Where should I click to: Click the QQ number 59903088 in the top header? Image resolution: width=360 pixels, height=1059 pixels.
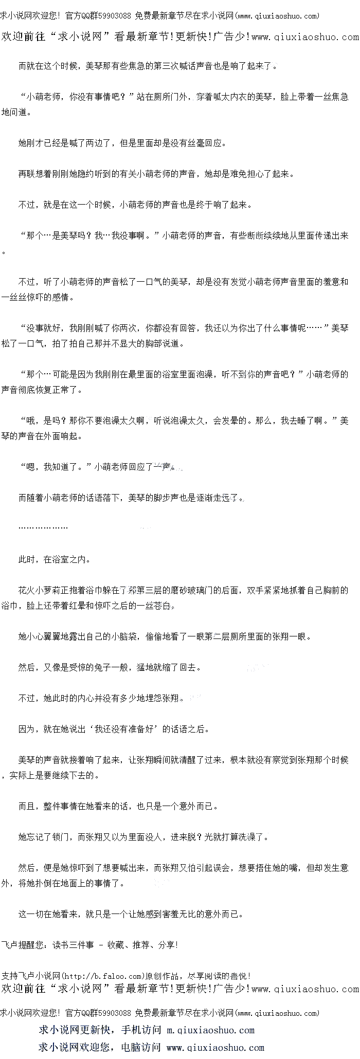pos(115,16)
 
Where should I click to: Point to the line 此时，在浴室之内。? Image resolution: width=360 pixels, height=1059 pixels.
pos(55,559)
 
